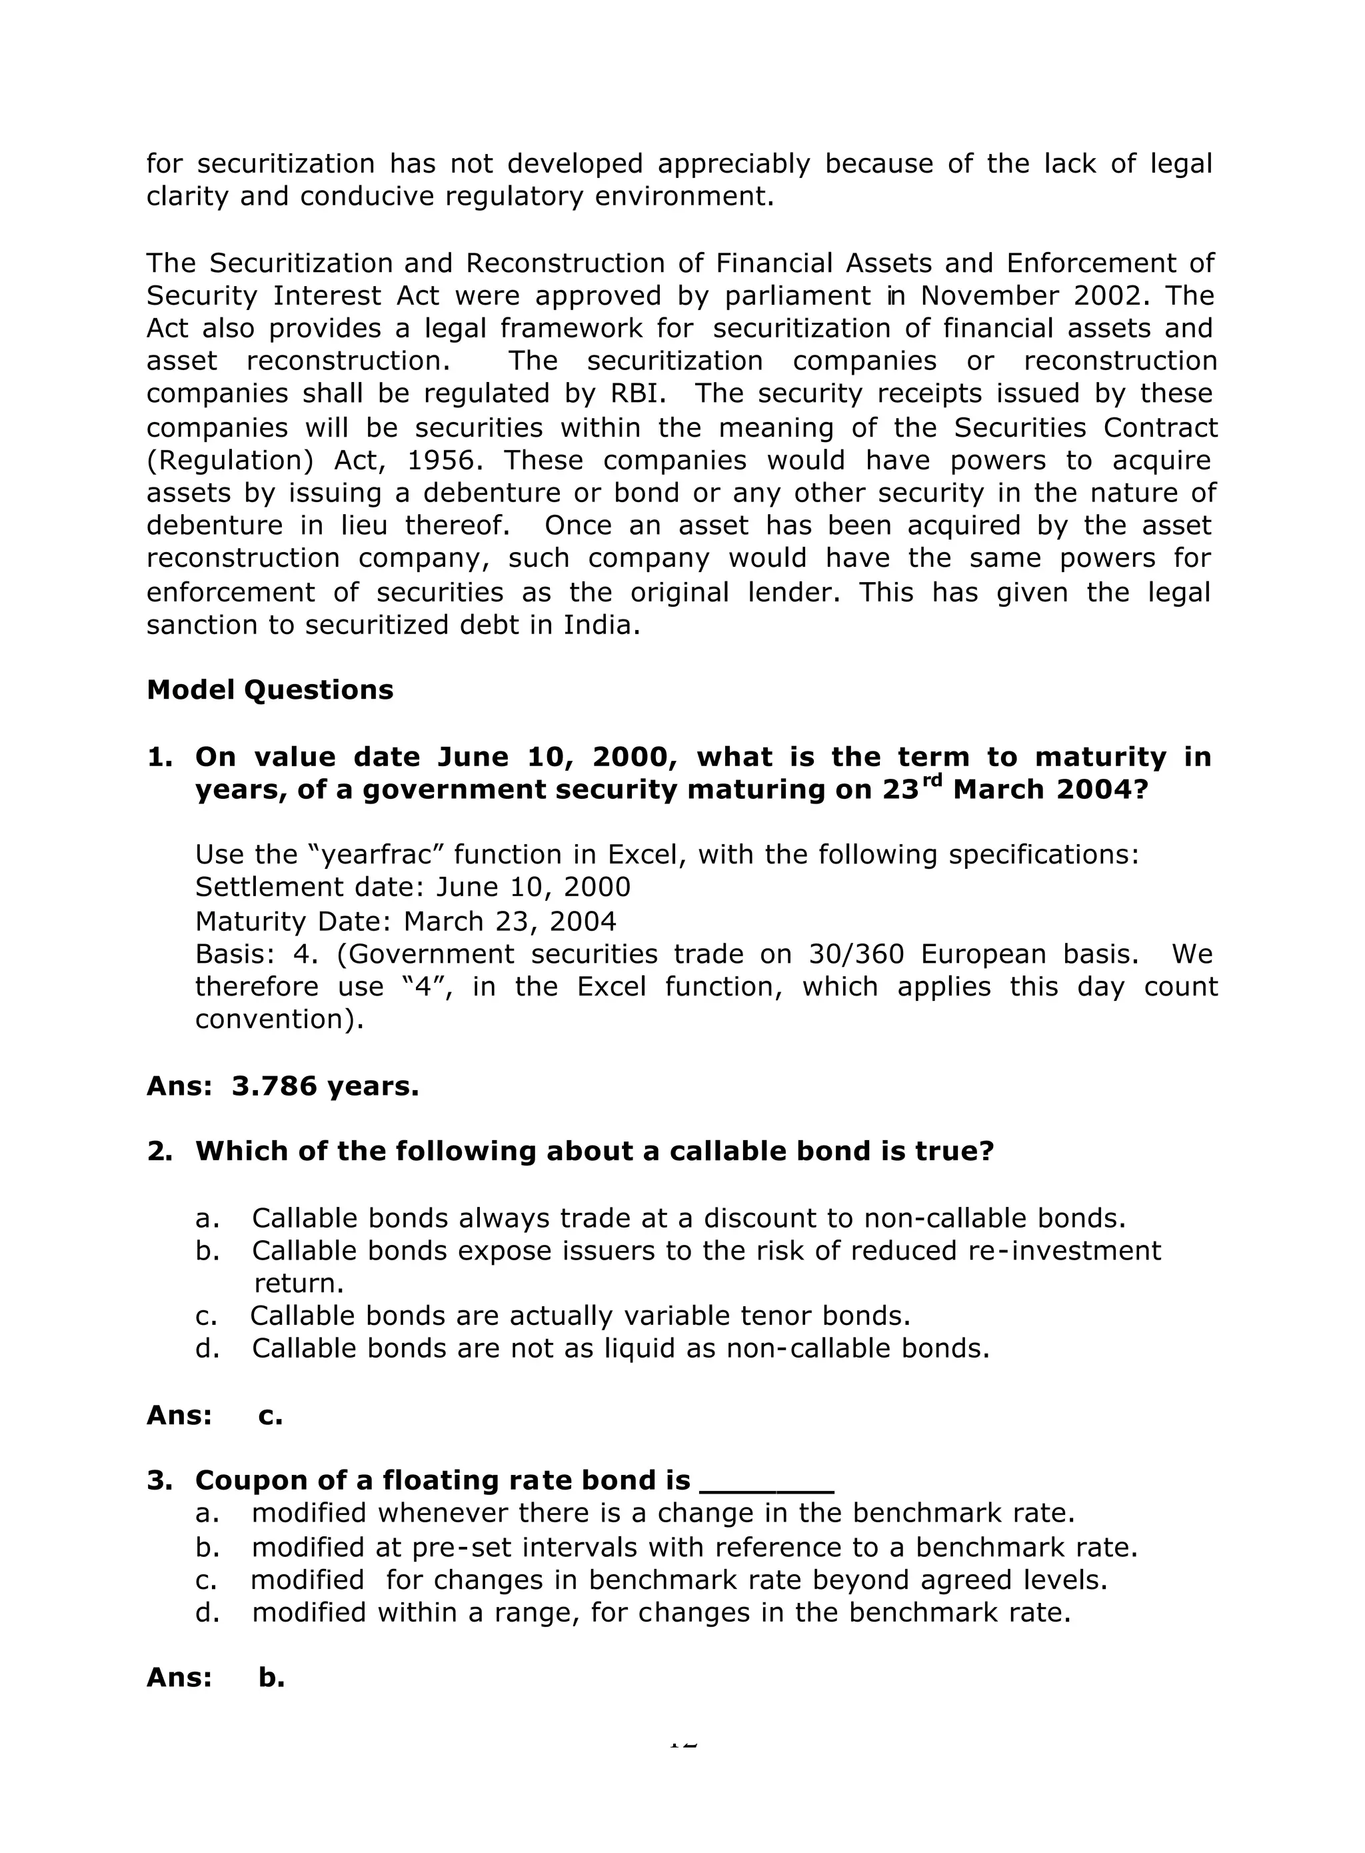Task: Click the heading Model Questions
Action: click(269, 690)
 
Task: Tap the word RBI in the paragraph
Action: click(641, 393)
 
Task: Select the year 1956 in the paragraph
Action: click(445, 460)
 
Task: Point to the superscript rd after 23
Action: click(932, 780)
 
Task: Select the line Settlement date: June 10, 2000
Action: click(413, 887)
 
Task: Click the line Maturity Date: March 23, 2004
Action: click(406, 921)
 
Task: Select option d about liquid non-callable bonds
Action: click(620, 1348)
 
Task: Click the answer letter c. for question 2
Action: click(270, 1415)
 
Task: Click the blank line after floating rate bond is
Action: click(766, 1480)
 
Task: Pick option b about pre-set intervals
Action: click(694, 1546)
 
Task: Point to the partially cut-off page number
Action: click(682, 1743)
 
